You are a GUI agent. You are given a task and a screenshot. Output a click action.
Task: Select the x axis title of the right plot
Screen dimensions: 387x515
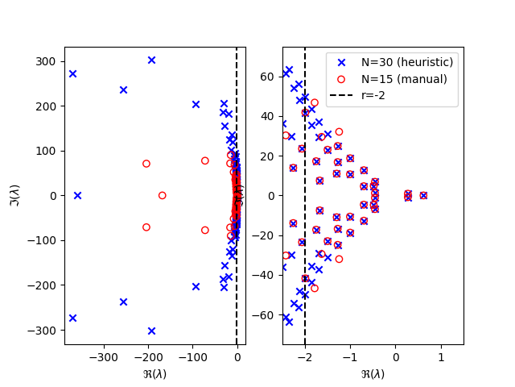(x=373, y=373)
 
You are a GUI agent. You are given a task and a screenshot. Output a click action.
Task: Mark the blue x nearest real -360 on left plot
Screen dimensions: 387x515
(x=77, y=195)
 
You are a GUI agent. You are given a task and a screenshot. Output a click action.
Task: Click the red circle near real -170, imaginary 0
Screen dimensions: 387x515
(x=162, y=195)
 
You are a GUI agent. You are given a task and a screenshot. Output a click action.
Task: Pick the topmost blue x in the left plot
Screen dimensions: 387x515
(x=151, y=60)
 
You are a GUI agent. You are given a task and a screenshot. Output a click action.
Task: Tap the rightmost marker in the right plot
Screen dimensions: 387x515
(x=423, y=195)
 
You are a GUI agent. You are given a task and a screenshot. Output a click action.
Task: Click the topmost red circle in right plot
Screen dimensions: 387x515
(x=315, y=102)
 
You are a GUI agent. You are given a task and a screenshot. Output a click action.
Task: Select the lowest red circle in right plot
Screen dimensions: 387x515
(x=315, y=288)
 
